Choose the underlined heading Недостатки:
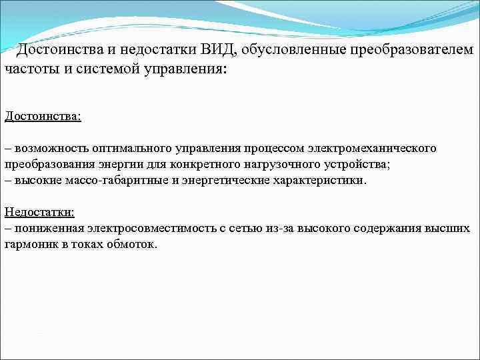(x=39, y=212)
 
